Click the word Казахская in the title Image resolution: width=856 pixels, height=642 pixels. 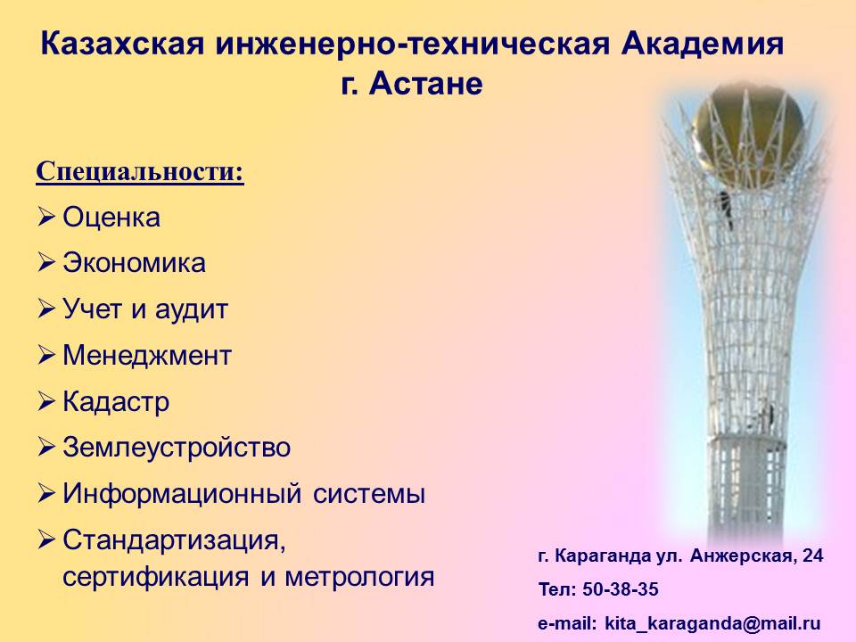[x=122, y=44]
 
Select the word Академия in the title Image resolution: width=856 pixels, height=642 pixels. [x=702, y=44]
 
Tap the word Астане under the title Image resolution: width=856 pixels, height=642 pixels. [x=426, y=84]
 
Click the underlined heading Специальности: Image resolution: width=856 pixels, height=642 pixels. [x=140, y=171]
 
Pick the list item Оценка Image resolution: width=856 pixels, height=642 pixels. [x=111, y=218]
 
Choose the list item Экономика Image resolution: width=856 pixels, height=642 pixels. [x=135, y=263]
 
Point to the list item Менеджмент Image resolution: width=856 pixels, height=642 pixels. [x=147, y=356]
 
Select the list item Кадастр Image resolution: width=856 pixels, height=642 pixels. [x=116, y=402]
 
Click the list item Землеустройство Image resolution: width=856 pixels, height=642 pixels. [x=177, y=447]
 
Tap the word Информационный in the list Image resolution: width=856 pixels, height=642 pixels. [x=182, y=493]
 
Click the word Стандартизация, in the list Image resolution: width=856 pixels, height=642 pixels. [x=174, y=540]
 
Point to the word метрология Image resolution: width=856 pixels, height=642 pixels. [x=359, y=577]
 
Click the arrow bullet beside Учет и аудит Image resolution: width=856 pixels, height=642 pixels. [x=46, y=309]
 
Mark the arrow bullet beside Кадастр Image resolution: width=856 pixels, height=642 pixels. [x=46, y=402]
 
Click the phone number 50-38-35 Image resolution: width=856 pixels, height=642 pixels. [x=621, y=589]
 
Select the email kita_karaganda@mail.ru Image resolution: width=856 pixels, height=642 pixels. [x=712, y=623]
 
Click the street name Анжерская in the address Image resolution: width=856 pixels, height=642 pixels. [x=741, y=556]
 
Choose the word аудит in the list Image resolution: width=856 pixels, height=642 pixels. [x=191, y=309]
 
